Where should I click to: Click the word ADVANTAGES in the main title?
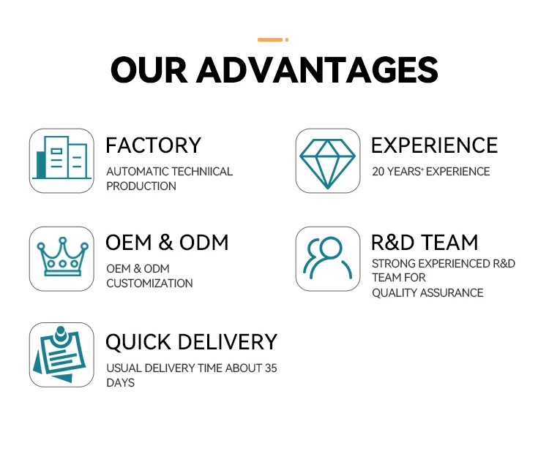317,70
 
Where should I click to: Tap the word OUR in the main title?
149,70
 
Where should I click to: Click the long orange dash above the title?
270,40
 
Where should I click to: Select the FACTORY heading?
154,145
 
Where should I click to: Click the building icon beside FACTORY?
61,158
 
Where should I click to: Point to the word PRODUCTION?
141,186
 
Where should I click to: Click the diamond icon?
328,164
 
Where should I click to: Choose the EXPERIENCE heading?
435,145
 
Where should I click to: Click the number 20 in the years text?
378,172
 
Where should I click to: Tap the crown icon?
62,257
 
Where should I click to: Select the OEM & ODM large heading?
167,243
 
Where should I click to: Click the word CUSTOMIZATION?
149,284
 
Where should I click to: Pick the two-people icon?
327,258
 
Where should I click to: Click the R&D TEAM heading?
425,243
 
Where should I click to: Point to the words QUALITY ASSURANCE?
427,292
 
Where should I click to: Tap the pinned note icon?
59,355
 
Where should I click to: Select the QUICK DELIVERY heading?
192,341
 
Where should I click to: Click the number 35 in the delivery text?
271,368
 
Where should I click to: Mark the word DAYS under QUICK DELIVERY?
121,383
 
